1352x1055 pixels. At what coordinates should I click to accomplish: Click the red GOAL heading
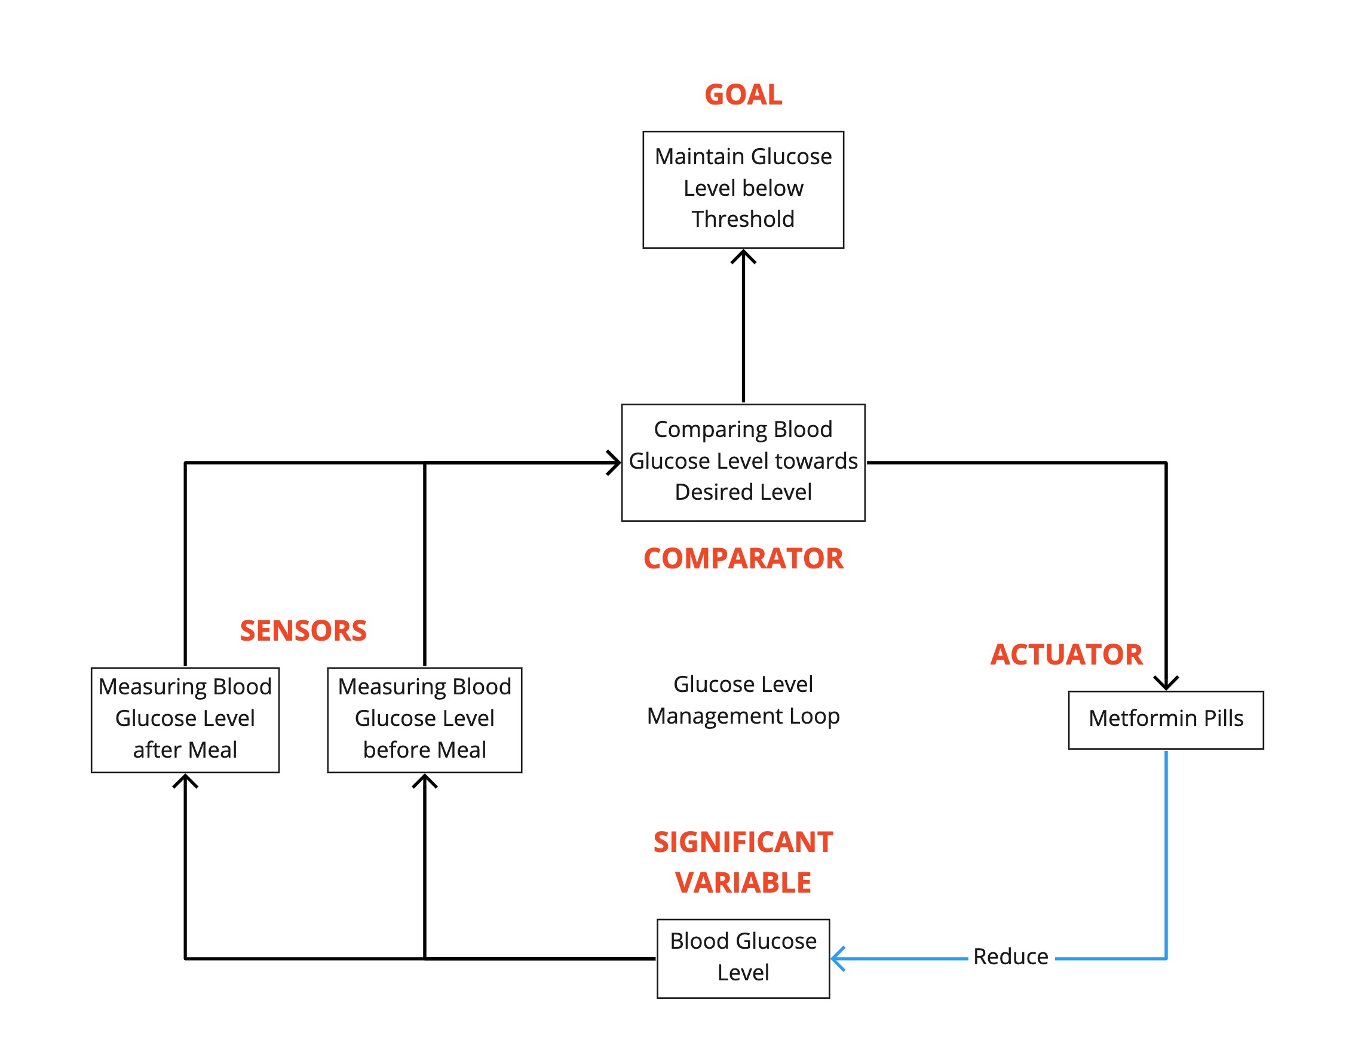[x=743, y=95]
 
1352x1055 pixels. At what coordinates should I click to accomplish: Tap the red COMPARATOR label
[x=743, y=558]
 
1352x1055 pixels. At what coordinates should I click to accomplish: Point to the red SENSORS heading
[x=303, y=630]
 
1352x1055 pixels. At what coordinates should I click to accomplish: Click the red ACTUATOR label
[x=1066, y=654]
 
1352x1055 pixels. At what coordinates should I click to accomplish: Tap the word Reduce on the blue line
[x=1010, y=956]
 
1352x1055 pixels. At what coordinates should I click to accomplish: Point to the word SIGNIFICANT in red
[x=743, y=842]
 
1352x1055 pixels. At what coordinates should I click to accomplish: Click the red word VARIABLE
[x=743, y=882]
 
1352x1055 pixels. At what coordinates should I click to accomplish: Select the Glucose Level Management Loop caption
[x=743, y=700]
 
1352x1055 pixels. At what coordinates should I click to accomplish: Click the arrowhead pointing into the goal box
[x=743, y=255]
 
